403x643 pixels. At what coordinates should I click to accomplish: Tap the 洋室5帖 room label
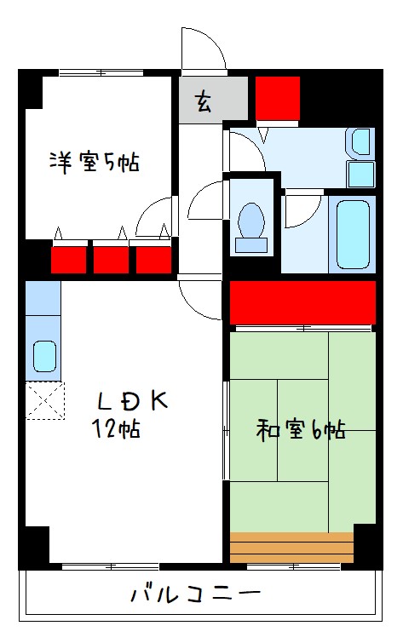(94, 162)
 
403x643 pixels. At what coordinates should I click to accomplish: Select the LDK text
(134, 400)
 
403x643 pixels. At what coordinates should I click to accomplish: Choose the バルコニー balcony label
(195, 594)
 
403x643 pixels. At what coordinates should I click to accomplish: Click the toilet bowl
(251, 222)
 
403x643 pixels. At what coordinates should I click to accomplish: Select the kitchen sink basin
(43, 353)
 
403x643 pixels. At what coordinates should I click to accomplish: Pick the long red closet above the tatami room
(302, 303)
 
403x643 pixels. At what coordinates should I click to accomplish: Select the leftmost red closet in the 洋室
(69, 259)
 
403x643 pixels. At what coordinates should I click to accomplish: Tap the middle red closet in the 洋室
(111, 259)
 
